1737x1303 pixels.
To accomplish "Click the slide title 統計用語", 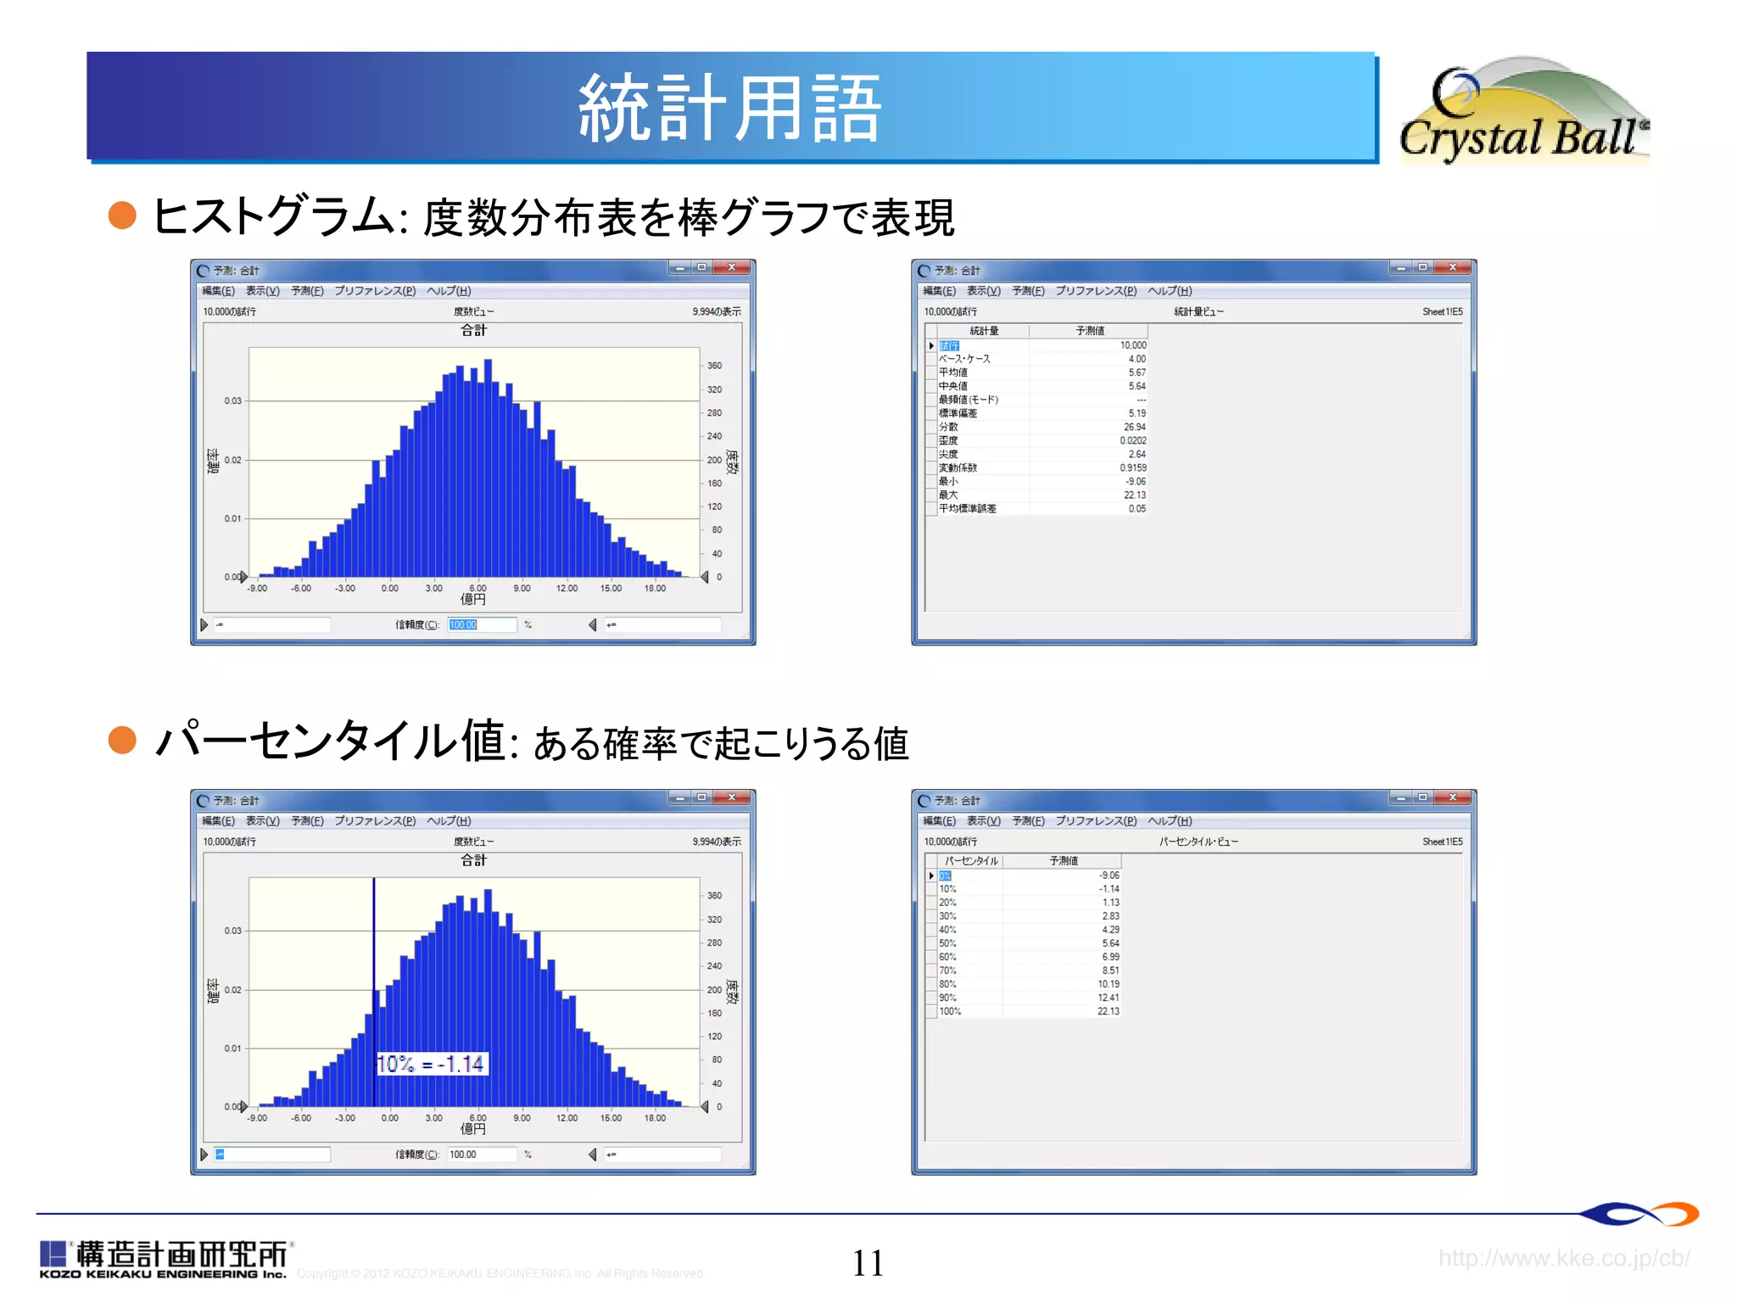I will [x=729, y=108].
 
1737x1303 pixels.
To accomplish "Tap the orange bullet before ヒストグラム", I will [x=123, y=215].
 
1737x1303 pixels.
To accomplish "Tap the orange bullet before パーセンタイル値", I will [x=123, y=740].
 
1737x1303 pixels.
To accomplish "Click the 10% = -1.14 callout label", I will [x=431, y=1064].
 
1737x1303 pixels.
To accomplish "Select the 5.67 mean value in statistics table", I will [x=1137, y=372].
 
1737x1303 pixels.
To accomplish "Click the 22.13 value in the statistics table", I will [x=1134, y=495].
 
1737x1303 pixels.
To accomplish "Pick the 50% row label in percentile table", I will [x=947, y=943].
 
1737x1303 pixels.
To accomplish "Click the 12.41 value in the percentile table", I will [x=1108, y=998].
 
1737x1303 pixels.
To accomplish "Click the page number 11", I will [x=868, y=1263].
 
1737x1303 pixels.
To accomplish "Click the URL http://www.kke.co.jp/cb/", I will [x=1563, y=1258].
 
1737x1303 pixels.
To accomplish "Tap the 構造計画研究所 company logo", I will [x=165, y=1259].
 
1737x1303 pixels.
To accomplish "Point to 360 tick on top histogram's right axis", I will [x=714, y=366].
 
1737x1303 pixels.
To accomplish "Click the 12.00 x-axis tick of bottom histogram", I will [x=567, y=1118].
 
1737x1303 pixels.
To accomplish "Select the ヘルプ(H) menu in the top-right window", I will [x=1170, y=291].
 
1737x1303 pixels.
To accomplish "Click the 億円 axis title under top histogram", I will [x=473, y=600].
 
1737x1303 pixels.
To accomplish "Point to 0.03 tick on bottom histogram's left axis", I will [x=232, y=931].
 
